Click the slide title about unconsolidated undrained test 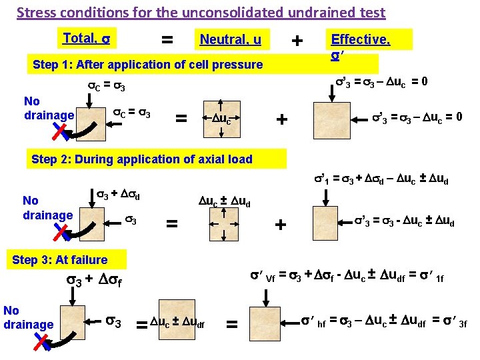[201, 13]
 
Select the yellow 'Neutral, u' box [231, 41]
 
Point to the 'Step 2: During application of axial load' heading [142, 159]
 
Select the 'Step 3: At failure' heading [59, 260]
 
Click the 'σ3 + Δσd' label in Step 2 [119, 194]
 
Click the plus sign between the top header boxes [297, 41]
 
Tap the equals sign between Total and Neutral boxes [167, 41]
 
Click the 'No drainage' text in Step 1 [49, 109]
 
